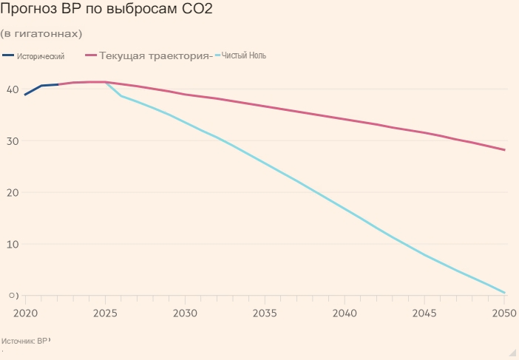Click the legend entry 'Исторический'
(41, 56)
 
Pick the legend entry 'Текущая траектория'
(155, 55)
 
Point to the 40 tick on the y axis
(12, 89)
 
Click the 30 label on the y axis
(12, 141)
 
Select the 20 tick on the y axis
(12, 192)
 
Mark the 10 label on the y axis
(12, 244)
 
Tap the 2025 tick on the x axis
(105, 313)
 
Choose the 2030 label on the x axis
(185, 313)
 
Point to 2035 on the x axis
(265, 313)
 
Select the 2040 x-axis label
(345, 313)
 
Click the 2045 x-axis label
(424, 313)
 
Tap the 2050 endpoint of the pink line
(505, 150)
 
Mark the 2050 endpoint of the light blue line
(505, 293)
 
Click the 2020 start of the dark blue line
(25, 95)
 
